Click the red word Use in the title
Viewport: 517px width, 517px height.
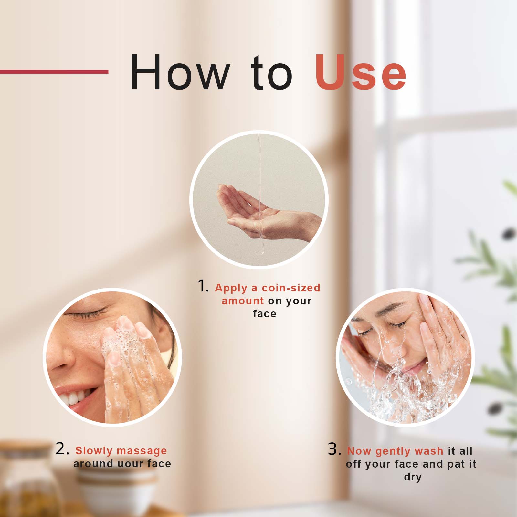pos(361,72)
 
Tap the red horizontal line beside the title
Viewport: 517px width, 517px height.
pos(54,72)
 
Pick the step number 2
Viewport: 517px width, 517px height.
pos(62,449)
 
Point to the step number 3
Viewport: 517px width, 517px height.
pos(335,449)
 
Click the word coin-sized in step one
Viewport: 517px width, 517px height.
pos(291,288)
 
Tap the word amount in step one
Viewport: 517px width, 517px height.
pos(243,301)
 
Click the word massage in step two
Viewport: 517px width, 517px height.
pos(142,451)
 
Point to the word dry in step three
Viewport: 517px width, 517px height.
pos(413,478)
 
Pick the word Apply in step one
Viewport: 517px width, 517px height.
pos(231,288)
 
